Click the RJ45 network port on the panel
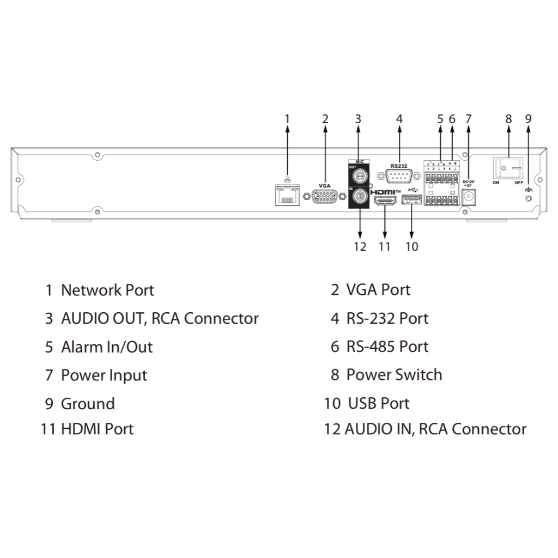[x=287, y=195]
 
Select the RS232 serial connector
[x=399, y=176]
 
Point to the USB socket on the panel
[x=411, y=202]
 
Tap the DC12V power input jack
[x=469, y=197]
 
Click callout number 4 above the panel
[x=399, y=118]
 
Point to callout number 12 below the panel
[x=360, y=247]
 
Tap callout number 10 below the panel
[x=411, y=247]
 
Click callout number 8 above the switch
[x=508, y=118]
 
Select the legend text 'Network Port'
[x=107, y=290]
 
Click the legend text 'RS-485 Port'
[x=387, y=347]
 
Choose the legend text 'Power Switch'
[x=394, y=375]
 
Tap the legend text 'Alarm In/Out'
[x=107, y=347]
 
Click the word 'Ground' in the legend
[x=88, y=404]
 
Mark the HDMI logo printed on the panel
[x=386, y=192]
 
